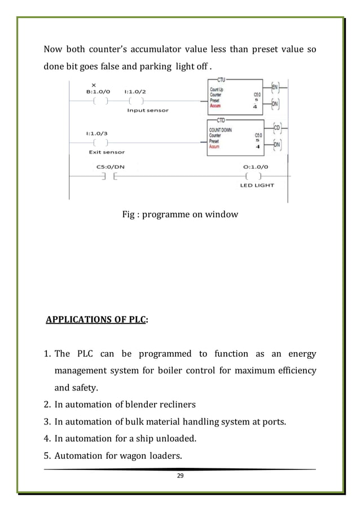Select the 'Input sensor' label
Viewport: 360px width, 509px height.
point(147,111)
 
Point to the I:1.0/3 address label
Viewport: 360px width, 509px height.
point(98,134)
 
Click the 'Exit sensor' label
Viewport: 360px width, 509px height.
point(107,152)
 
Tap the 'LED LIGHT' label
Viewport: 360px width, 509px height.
point(257,186)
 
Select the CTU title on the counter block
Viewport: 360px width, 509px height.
point(221,80)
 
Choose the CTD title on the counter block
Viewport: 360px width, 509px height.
point(221,120)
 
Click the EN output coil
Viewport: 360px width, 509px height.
point(275,87)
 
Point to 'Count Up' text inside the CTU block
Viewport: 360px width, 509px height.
point(216,90)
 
